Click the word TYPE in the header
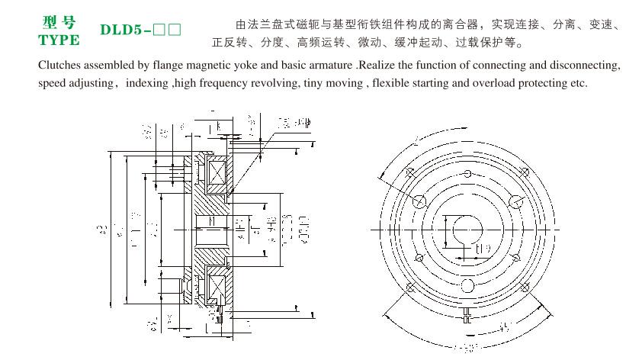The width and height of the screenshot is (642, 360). point(59,39)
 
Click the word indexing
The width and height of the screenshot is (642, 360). point(148,82)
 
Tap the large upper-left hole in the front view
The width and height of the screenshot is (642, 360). point(419,200)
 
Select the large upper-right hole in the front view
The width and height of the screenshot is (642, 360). point(516,200)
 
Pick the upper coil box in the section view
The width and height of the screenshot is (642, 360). point(216,173)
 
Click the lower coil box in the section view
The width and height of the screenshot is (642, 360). point(216,288)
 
